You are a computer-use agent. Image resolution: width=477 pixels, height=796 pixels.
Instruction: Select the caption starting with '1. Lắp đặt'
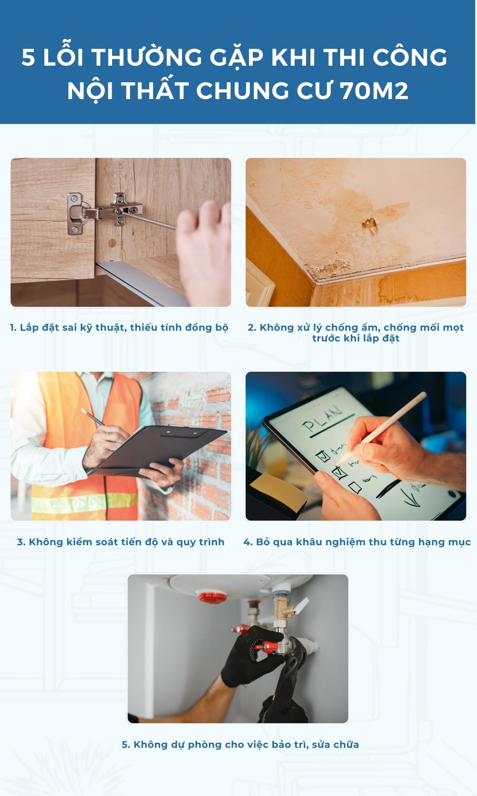(119, 328)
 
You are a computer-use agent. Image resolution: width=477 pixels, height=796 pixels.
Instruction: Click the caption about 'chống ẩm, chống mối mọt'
(356, 333)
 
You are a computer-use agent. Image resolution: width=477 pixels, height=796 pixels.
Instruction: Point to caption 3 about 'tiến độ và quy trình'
(121, 542)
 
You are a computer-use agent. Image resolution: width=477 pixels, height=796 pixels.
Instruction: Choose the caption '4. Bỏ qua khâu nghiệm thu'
(357, 542)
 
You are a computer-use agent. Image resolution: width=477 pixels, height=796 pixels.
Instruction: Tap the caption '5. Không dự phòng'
(240, 745)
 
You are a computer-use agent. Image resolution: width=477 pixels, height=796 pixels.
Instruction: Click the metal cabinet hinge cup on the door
(76, 214)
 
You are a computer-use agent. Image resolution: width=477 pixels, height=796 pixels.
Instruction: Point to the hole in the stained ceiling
(370, 224)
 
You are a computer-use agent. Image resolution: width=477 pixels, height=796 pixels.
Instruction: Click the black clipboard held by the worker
(161, 450)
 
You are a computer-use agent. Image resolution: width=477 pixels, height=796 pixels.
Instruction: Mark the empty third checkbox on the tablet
(355, 488)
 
